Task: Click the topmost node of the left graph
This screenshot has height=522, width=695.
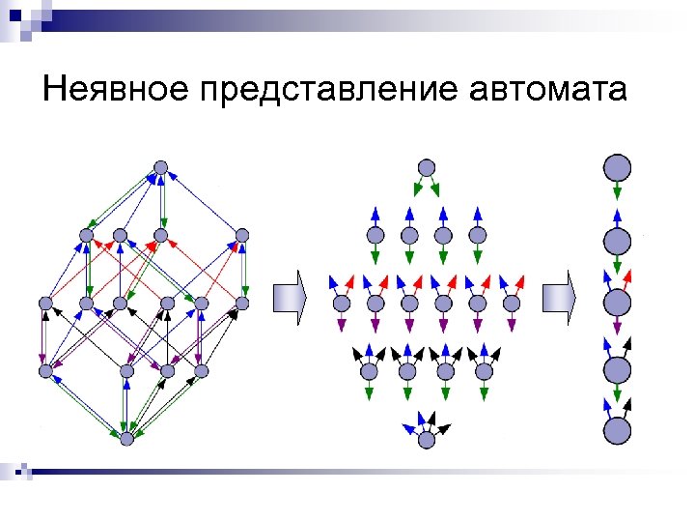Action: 161,167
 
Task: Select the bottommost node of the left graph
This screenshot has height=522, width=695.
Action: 126,438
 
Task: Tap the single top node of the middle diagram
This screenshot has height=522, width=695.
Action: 426,167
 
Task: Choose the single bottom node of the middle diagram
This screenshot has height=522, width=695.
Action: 427,439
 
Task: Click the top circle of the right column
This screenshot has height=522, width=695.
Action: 617,167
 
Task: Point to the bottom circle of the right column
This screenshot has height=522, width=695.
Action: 617,430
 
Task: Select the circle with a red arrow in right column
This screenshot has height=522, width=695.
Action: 617,303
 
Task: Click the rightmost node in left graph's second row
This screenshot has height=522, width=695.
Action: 242,234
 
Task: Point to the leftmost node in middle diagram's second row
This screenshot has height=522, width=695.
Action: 375,234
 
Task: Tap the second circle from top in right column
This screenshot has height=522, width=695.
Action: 617,241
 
